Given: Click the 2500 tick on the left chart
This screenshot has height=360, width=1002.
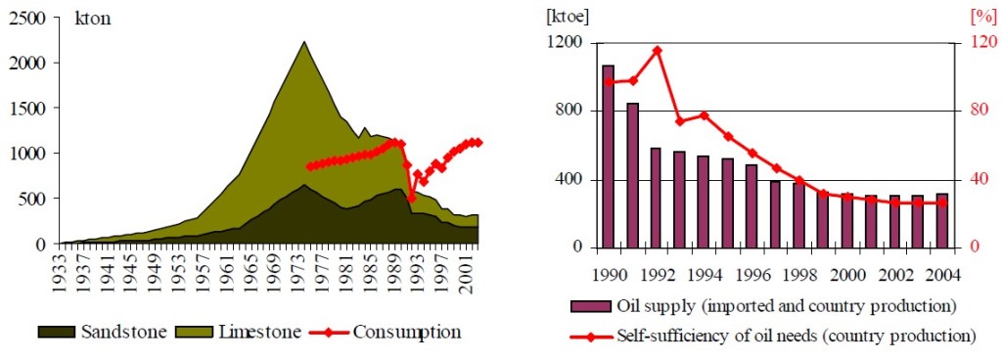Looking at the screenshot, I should (x=23, y=19).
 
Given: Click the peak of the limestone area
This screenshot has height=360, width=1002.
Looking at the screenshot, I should (x=304, y=42).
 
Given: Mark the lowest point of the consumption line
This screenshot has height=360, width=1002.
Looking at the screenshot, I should (x=412, y=199).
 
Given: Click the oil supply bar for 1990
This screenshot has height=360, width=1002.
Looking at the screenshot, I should (x=609, y=157).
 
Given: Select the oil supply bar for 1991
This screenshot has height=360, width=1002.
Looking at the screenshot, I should (x=632, y=175).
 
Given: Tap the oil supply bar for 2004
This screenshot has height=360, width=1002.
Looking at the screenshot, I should (x=942, y=220).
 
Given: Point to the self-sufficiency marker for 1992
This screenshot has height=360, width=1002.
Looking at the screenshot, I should (x=657, y=50).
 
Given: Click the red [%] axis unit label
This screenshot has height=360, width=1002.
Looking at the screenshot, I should (x=980, y=17).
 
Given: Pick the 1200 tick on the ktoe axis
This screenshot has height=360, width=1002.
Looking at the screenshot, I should (x=566, y=43).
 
